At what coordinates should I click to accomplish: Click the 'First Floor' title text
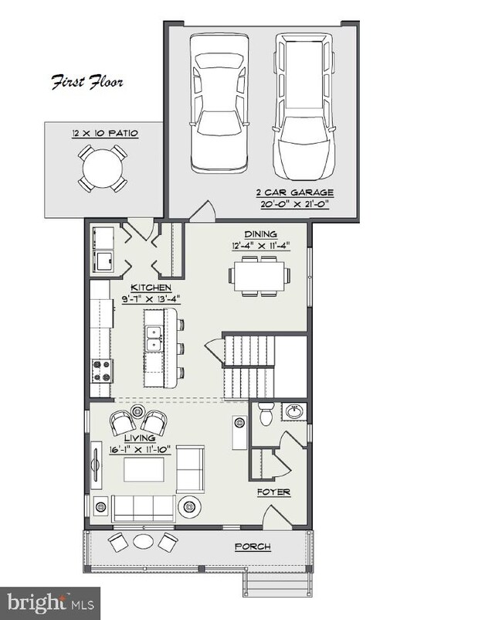(x=87, y=82)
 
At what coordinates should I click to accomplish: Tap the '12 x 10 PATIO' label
(x=105, y=133)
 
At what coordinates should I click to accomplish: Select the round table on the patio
(x=103, y=169)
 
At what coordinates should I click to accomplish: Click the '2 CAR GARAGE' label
(x=295, y=192)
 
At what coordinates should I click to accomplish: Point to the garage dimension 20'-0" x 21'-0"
(x=295, y=204)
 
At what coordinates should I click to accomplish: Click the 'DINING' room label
(x=261, y=234)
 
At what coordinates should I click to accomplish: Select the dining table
(x=259, y=276)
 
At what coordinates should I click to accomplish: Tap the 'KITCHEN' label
(x=151, y=288)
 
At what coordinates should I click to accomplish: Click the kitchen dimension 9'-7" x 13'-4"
(x=151, y=299)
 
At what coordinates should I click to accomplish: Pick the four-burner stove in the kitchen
(x=103, y=371)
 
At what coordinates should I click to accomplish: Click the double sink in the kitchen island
(x=154, y=339)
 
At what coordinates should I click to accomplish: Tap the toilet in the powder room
(x=265, y=414)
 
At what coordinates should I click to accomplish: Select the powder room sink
(x=292, y=412)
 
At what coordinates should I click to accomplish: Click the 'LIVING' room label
(x=140, y=438)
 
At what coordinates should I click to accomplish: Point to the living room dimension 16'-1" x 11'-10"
(x=140, y=450)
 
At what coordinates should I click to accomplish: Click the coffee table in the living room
(x=144, y=469)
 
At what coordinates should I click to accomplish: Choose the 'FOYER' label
(x=273, y=492)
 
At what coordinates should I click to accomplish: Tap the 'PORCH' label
(x=253, y=547)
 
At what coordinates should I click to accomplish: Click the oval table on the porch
(x=143, y=541)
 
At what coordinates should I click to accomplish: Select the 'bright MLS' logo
(x=50, y=603)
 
